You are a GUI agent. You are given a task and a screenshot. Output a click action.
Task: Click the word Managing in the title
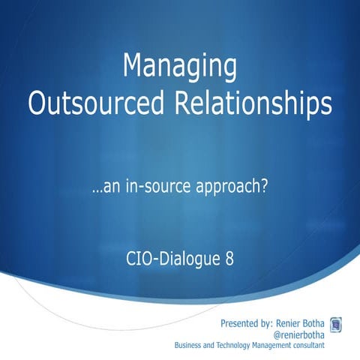[x=180, y=68]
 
